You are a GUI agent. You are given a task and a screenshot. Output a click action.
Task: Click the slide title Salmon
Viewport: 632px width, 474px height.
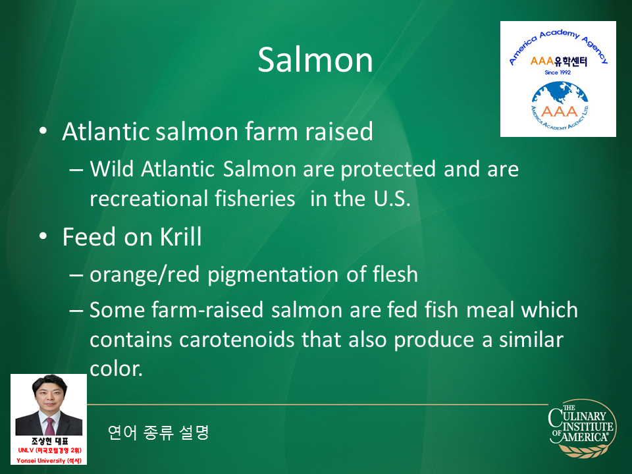point(315,60)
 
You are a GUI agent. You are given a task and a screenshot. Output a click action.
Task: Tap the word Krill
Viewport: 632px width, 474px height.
point(180,236)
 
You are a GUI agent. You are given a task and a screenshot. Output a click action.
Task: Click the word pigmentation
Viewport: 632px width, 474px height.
point(273,275)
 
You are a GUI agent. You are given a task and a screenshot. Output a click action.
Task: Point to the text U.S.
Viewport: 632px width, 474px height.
point(392,198)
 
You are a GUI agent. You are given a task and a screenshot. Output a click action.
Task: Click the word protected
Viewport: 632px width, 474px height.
point(388,169)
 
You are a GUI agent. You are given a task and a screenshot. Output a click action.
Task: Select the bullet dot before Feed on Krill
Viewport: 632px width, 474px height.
point(43,236)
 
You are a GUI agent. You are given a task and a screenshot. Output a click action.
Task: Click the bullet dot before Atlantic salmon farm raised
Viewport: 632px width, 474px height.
point(43,132)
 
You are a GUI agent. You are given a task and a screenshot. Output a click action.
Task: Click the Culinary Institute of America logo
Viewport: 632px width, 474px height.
point(582,429)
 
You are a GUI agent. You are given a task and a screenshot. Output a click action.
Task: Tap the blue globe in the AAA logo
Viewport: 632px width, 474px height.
point(560,97)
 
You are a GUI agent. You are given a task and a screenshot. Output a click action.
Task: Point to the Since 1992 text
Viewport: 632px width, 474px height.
point(558,72)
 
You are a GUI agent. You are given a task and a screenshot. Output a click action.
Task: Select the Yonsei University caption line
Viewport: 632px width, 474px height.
point(49,460)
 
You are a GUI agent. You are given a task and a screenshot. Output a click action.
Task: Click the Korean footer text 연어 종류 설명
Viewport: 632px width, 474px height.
point(159,433)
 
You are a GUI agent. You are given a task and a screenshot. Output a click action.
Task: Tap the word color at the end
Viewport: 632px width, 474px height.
point(116,369)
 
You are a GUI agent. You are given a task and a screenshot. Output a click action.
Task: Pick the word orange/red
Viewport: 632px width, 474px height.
point(145,275)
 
